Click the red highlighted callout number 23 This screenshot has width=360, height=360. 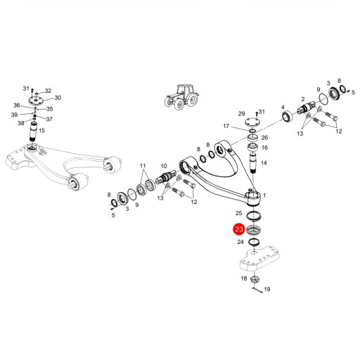pyautogui.click(x=239, y=229)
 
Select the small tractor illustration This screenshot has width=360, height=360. pyautogui.click(x=182, y=97)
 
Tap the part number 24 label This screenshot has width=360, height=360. pyautogui.click(x=240, y=242)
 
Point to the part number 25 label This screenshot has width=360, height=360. pyautogui.click(x=238, y=213)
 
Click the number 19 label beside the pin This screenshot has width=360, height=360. pyautogui.click(x=267, y=289)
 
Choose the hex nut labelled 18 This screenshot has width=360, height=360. pyautogui.click(x=255, y=279)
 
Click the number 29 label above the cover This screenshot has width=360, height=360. pyautogui.click(x=241, y=114)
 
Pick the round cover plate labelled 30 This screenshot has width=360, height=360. pyautogui.click(x=36, y=101)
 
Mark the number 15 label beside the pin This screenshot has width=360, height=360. pyautogui.click(x=41, y=130)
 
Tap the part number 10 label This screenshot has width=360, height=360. pyautogui.click(x=164, y=166)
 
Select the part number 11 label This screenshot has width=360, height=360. pyautogui.click(x=143, y=166)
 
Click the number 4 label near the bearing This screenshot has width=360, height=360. pyautogui.click(x=283, y=108)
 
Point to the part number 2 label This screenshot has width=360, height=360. pyautogui.click(x=303, y=99)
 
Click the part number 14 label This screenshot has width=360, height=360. pyautogui.click(x=264, y=162)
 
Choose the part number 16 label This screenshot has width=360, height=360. pyautogui.click(x=264, y=148)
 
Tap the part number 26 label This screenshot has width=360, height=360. pyautogui.click(x=264, y=138)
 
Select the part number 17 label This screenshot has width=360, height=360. pyautogui.click(x=226, y=126)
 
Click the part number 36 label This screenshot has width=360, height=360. pyautogui.click(x=17, y=105)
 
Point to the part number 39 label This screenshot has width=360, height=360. pyautogui.click(x=14, y=115)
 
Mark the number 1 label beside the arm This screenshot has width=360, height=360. pyautogui.click(x=264, y=195)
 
